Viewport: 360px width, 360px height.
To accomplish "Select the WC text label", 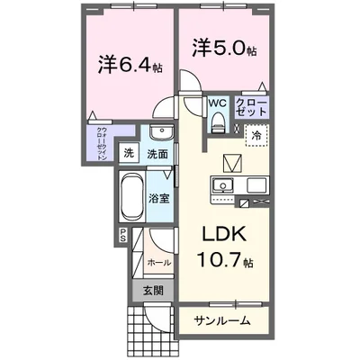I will click(218, 103).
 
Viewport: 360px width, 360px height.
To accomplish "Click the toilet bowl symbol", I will click(218, 123).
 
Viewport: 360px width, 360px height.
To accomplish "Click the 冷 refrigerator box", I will click(255, 134).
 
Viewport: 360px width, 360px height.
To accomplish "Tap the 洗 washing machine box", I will click(129, 154).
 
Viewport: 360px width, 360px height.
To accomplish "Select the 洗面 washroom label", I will click(157, 154).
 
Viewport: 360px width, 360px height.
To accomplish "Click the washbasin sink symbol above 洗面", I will click(159, 134).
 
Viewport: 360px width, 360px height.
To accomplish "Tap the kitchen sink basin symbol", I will click(222, 185).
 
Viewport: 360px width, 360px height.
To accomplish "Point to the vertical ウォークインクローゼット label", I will click(102, 143).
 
